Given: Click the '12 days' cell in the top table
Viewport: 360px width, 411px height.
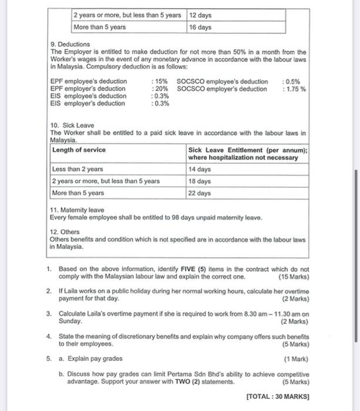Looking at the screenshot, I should (x=200, y=15).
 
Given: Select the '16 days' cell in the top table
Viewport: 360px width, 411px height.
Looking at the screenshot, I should (x=200, y=27).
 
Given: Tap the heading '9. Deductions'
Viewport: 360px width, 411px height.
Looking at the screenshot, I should (x=70, y=44).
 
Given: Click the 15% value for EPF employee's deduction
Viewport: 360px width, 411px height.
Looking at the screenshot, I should (x=159, y=82).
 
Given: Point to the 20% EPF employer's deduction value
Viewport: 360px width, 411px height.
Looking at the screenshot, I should (x=159, y=89).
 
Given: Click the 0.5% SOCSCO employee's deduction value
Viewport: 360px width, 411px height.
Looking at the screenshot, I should (x=291, y=82).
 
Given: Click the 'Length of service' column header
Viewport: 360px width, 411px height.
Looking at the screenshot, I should (x=79, y=150).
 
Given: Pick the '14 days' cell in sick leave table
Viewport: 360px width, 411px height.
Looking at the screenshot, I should (x=200, y=170).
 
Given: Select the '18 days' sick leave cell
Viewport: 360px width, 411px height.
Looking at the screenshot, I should (x=200, y=181).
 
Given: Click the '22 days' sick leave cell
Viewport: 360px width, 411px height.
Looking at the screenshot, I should (x=200, y=193).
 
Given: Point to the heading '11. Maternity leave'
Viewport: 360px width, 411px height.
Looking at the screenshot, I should (x=77, y=210).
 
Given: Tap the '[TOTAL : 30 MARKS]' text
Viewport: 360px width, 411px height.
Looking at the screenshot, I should (x=278, y=396).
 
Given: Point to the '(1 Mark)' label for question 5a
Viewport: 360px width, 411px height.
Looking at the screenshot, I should (x=296, y=358).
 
